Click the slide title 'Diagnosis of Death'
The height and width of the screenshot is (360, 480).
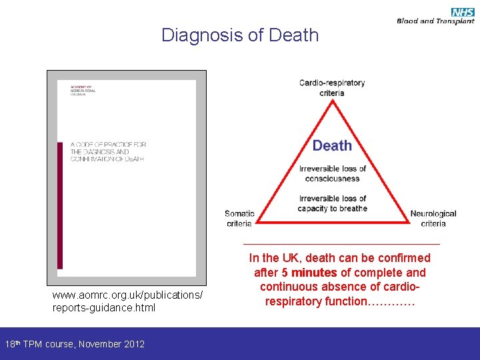(x=240, y=35)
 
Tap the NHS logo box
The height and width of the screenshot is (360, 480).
(x=462, y=11)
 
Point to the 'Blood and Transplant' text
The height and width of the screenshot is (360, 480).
(x=435, y=21)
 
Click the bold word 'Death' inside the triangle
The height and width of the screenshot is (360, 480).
(x=332, y=145)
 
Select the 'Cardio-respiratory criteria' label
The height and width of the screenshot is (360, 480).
(x=332, y=88)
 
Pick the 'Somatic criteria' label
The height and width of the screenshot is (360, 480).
(x=239, y=219)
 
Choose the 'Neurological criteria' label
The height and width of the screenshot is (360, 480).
(x=433, y=219)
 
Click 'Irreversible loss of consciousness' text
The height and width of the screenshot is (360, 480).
(x=333, y=173)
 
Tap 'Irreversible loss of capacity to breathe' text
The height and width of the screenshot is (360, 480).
(x=333, y=203)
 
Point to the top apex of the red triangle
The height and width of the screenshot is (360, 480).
(x=332, y=101)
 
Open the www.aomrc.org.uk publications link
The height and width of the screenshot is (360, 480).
(x=127, y=301)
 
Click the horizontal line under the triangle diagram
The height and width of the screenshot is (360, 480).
(x=341, y=244)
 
